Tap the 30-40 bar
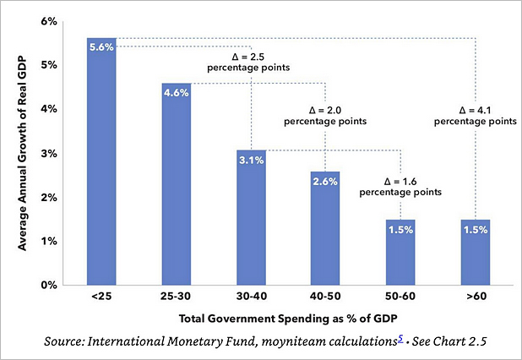point(252,220)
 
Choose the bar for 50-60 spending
point(401,254)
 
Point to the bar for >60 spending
point(476,254)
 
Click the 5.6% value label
point(101,47)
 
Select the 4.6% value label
point(177,92)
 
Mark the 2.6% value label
point(326,181)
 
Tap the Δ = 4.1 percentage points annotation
point(476,115)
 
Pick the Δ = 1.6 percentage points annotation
point(400,186)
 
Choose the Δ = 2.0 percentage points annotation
point(326,115)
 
